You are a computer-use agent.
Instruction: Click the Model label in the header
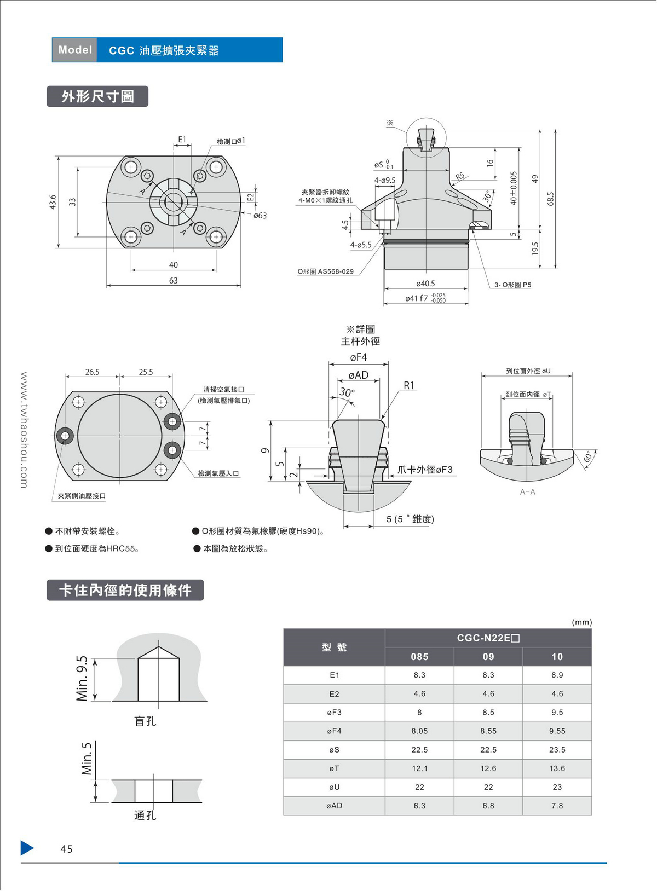click(x=75, y=50)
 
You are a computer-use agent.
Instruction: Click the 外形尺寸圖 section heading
click(x=97, y=97)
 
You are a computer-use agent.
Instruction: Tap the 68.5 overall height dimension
click(x=551, y=199)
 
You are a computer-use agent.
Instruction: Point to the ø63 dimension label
click(x=260, y=216)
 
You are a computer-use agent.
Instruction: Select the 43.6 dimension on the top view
click(x=53, y=202)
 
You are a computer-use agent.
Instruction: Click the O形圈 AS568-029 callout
click(x=325, y=271)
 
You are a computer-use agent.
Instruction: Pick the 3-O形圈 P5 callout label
click(x=512, y=285)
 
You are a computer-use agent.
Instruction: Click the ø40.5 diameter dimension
click(x=425, y=283)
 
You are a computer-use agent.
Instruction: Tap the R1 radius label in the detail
click(x=409, y=386)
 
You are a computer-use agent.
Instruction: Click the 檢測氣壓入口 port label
click(x=218, y=473)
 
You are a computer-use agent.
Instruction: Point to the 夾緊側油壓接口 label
click(x=82, y=496)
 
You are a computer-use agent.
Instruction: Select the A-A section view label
click(x=528, y=492)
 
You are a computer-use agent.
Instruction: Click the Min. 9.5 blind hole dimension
click(x=82, y=679)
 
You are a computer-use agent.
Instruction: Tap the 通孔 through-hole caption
click(x=145, y=815)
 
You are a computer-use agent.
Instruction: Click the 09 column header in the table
click(x=488, y=657)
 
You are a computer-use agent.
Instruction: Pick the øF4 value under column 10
click(x=557, y=731)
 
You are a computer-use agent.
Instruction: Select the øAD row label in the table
click(x=334, y=806)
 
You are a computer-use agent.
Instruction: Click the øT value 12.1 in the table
click(x=419, y=768)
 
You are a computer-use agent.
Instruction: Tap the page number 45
click(x=66, y=849)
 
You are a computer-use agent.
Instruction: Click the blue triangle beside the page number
click(x=27, y=848)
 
